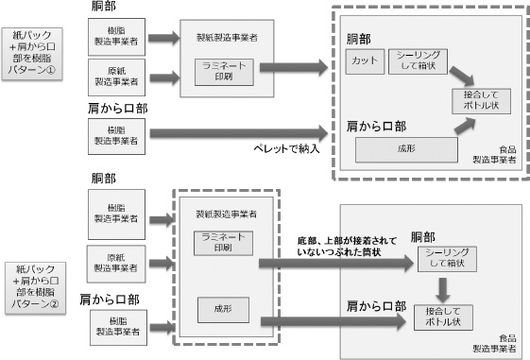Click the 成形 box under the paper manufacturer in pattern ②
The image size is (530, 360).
click(x=219, y=308)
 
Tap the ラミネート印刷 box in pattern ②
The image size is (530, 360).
click(x=219, y=242)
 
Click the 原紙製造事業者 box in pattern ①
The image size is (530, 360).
click(x=116, y=74)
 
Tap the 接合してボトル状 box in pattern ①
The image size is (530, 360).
click(x=480, y=101)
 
